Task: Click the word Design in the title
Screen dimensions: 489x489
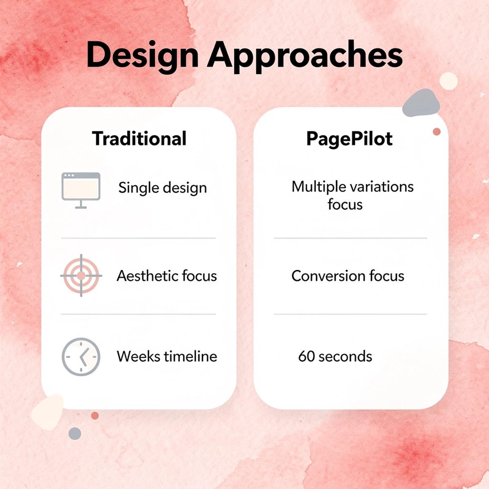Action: pyautogui.click(x=141, y=55)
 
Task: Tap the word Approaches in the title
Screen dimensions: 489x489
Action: pyautogui.click(x=305, y=55)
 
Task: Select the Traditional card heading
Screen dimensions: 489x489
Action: pyautogui.click(x=139, y=139)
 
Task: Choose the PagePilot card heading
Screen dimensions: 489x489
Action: pyautogui.click(x=349, y=139)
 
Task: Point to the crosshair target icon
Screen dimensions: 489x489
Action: pyautogui.click(x=81, y=276)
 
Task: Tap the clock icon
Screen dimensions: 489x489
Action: pyautogui.click(x=81, y=357)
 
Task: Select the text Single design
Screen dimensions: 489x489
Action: pyautogui.click(x=163, y=188)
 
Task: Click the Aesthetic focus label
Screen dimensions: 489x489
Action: pyautogui.click(x=167, y=276)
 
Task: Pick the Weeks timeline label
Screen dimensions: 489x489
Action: pyautogui.click(x=167, y=357)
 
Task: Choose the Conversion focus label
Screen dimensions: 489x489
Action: pyautogui.click(x=348, y=276)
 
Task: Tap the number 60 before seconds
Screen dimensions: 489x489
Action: pyautogui.click(x=306, y=357)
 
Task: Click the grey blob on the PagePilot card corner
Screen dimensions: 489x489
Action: pyautogui.click(x=421, y=103)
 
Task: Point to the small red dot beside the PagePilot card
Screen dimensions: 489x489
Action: pyautogui.click(x=437, y=132)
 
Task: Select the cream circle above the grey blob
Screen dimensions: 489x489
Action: pyautogui.click(x=449, y=81)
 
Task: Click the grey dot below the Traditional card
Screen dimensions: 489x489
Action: pyautogui.click(x=75, y=433)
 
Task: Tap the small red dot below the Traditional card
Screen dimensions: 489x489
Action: pyautogui.click(x=95, y=416)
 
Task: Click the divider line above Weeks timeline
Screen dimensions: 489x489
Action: pyautogui.click(x=138, y=314)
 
